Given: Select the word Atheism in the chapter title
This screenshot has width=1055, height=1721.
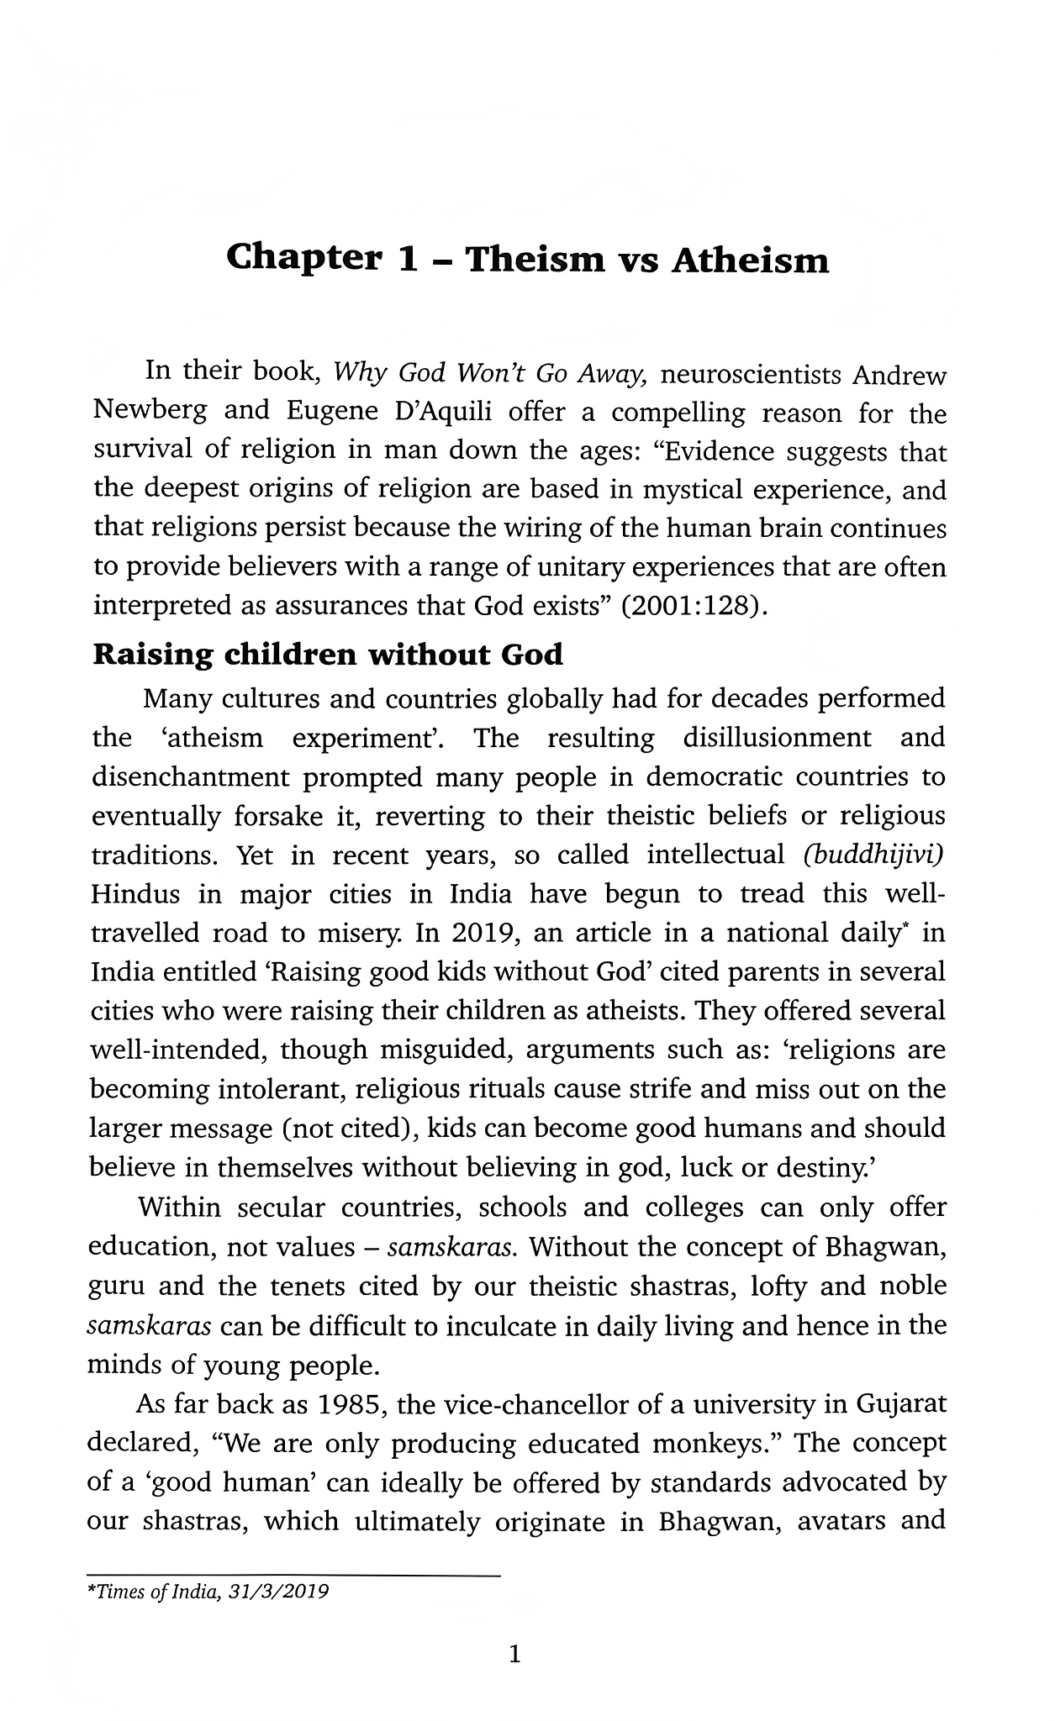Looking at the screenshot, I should [750, 261].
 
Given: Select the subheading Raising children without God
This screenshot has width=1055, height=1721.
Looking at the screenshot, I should [328, 655].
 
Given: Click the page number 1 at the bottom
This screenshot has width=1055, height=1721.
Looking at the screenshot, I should [515, 1655].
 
